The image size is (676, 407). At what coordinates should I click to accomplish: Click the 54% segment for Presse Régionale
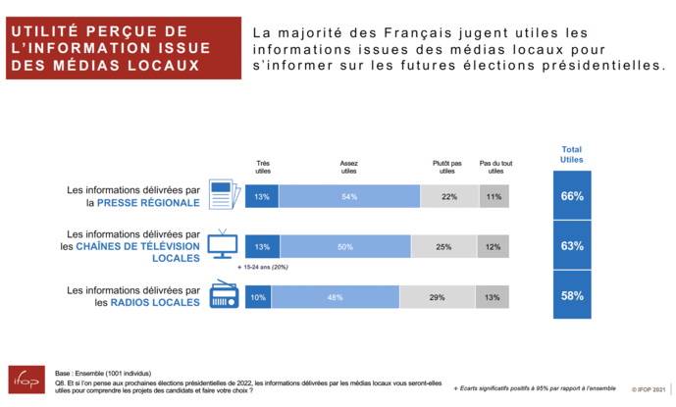pyautogui.click(x=349, y=196)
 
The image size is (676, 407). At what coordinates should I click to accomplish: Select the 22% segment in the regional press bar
pyautogui.click(x=449, y=196)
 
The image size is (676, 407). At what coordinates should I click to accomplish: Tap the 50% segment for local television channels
pyautogui.click(x=344, y=246)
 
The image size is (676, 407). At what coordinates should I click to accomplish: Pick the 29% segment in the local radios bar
pyautogui.click(x=438, y=296)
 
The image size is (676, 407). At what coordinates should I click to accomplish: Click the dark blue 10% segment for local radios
pyautogui.click(x=258, y=296)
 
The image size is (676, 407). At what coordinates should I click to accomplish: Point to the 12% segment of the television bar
pyautogui.click(x=494, y=246)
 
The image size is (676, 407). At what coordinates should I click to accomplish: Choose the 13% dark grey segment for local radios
pyautogui.click(x=493, y=296)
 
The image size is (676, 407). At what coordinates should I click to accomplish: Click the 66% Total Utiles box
pyautogui.click(x=572, y=196)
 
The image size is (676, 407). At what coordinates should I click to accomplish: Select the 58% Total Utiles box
pyautogui.click(x=572, y=295)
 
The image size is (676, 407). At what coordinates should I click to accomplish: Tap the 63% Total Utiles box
pyautogui.click(x=572, y=246)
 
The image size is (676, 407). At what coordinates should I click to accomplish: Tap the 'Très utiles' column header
pyautogui.click(x=263, y=167)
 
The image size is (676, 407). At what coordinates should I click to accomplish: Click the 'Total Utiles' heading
pyautogui.click(x=572, y=153)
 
